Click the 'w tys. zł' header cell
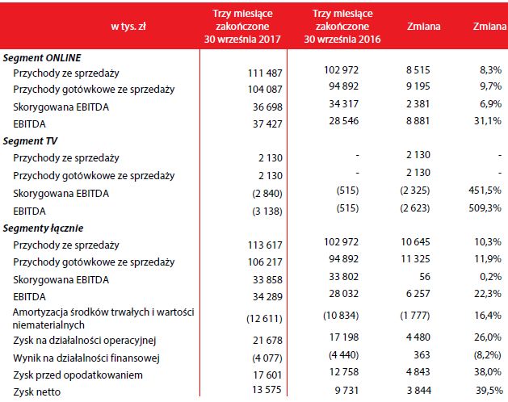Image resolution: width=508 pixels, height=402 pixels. pyautogui.click(x=127, y=27)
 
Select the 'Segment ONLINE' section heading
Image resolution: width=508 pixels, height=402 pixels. pyautogui.click(x=41, y=58)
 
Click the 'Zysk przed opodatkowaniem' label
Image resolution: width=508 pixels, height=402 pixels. pyautogui.click(x=78, y=375)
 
